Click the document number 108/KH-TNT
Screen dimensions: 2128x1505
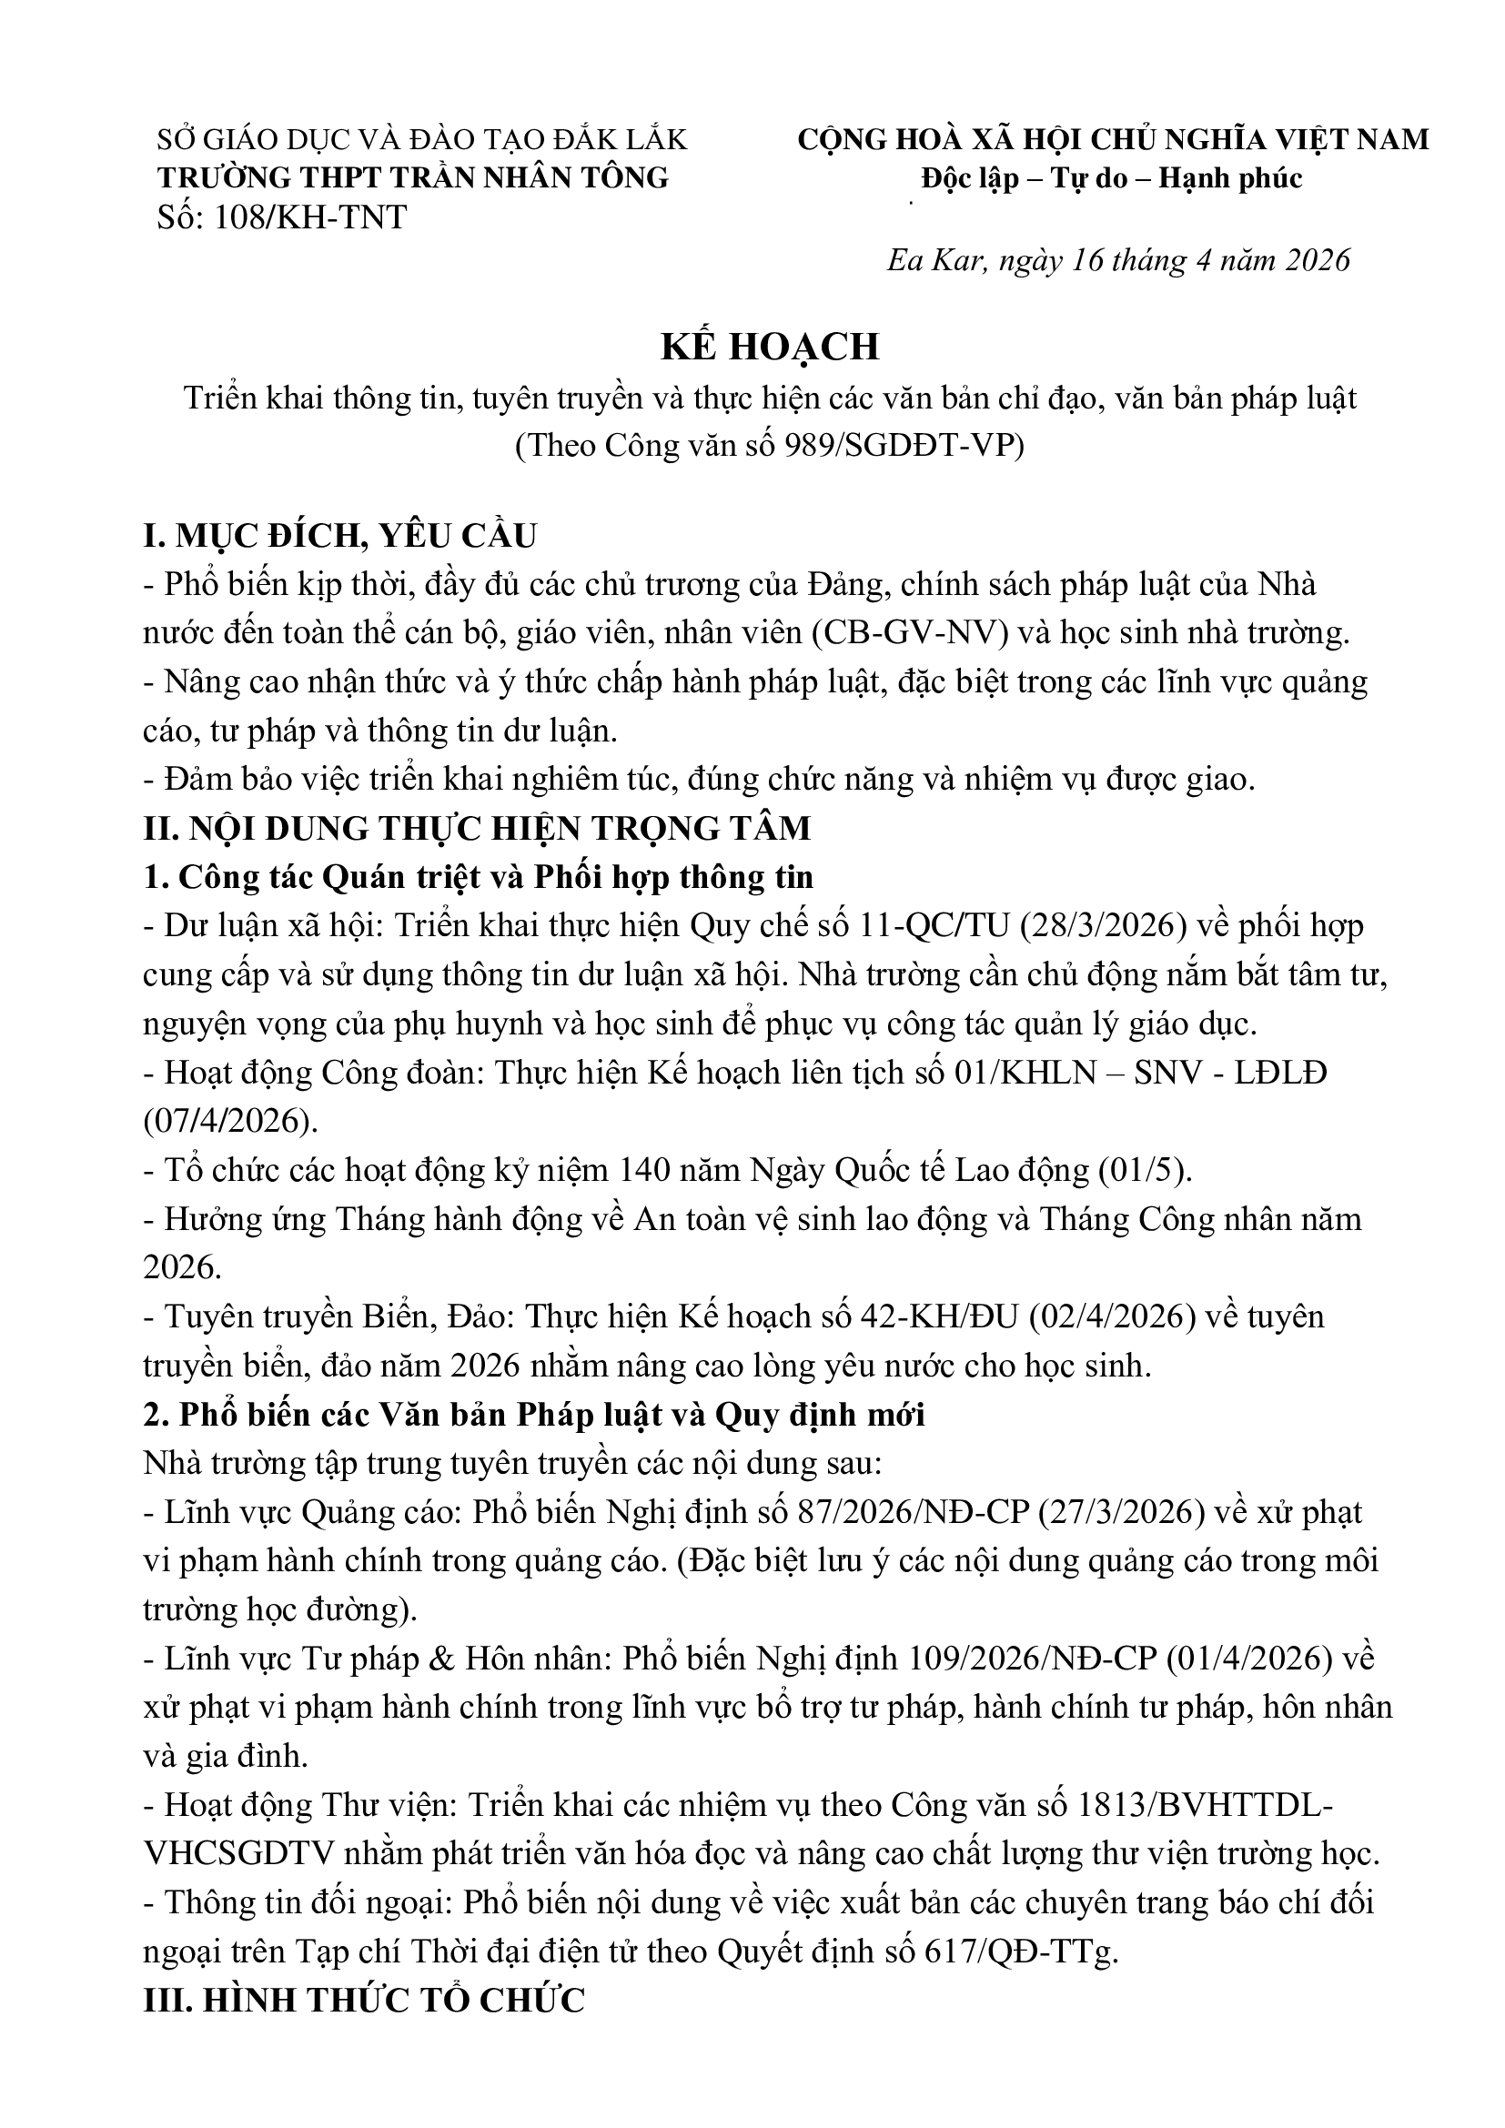(309, 217)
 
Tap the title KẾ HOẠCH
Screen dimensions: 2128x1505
(769, 347)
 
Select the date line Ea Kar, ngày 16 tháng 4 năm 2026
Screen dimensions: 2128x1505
(1117, 260)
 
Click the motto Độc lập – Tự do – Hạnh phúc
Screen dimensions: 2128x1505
(1111, 178)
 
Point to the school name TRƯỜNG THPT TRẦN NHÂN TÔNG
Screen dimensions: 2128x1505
(412, 178)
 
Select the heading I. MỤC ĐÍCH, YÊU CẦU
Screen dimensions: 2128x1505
(340, 537)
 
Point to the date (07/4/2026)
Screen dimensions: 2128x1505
(230, 1122)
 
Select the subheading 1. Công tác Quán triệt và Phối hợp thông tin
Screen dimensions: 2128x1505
(479, 877)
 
